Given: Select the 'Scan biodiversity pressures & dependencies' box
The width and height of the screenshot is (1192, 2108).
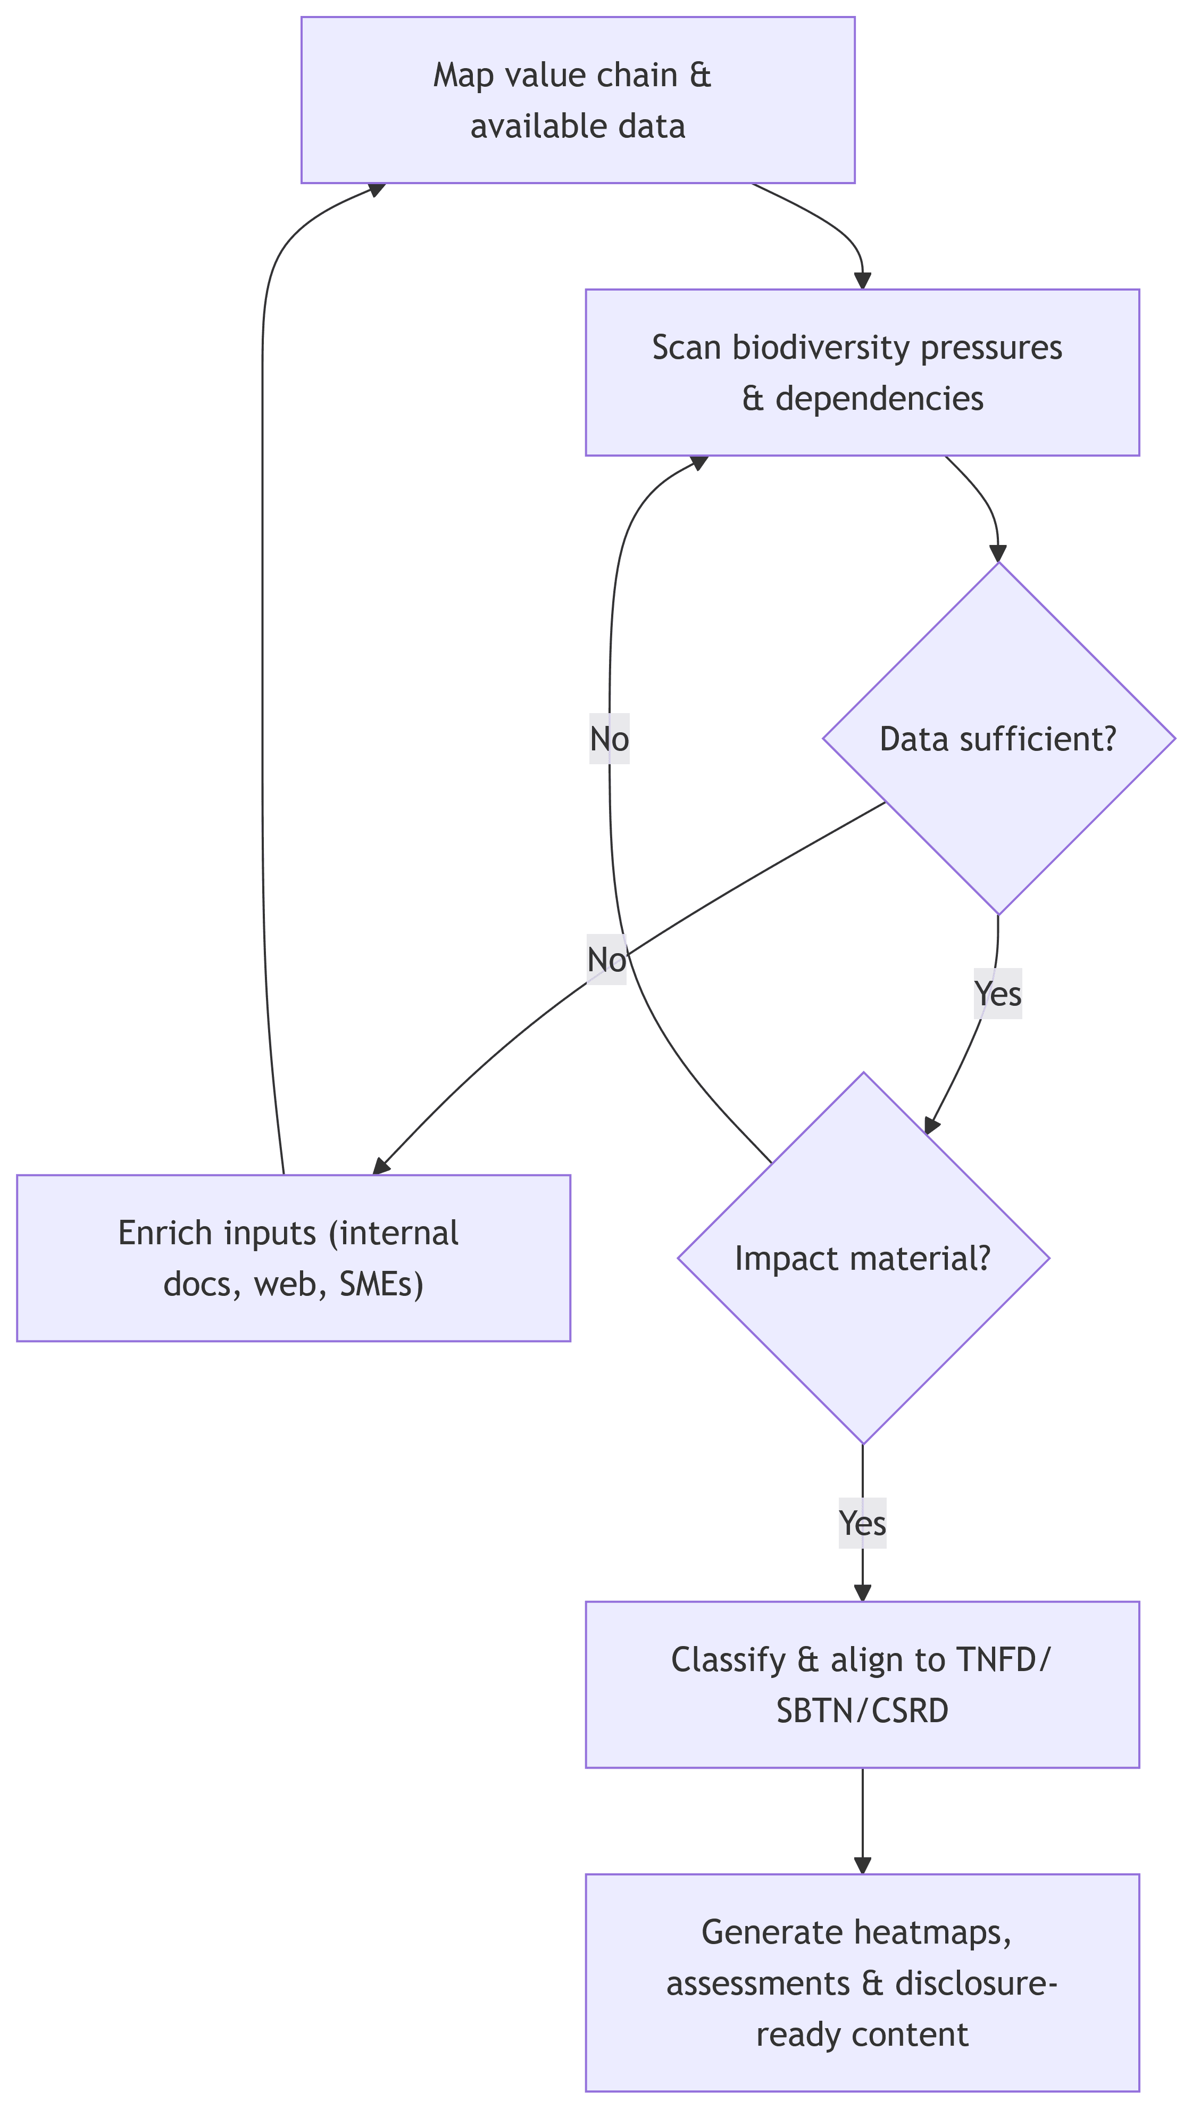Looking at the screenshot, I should tap(862, 372).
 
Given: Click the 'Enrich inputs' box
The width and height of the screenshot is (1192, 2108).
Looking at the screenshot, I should tap(293, 1258).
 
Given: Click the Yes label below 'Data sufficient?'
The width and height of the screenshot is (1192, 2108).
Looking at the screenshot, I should tap(997, 994).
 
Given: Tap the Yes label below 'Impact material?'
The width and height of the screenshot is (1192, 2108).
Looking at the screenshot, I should tap(862, 1523).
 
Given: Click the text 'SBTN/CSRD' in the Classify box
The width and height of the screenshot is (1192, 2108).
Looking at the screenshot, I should tap(862, 1711).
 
